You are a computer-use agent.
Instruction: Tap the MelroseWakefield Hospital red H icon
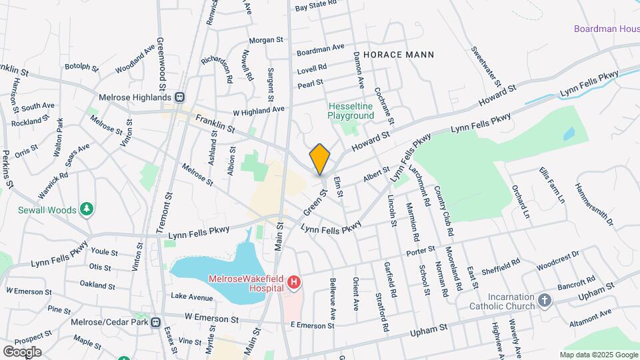[294, 284]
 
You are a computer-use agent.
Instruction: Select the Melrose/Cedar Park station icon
[156, 322]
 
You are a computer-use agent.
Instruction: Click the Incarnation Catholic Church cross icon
[545, 301]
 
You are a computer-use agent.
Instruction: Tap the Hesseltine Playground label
[351, 111]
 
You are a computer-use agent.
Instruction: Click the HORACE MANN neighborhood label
[399, 55]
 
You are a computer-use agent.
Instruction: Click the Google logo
[22, 351]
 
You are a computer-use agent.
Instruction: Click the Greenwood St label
[161, 64]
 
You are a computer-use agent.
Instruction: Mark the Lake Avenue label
[191, 296]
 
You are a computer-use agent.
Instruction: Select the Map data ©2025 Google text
[598, 355]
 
